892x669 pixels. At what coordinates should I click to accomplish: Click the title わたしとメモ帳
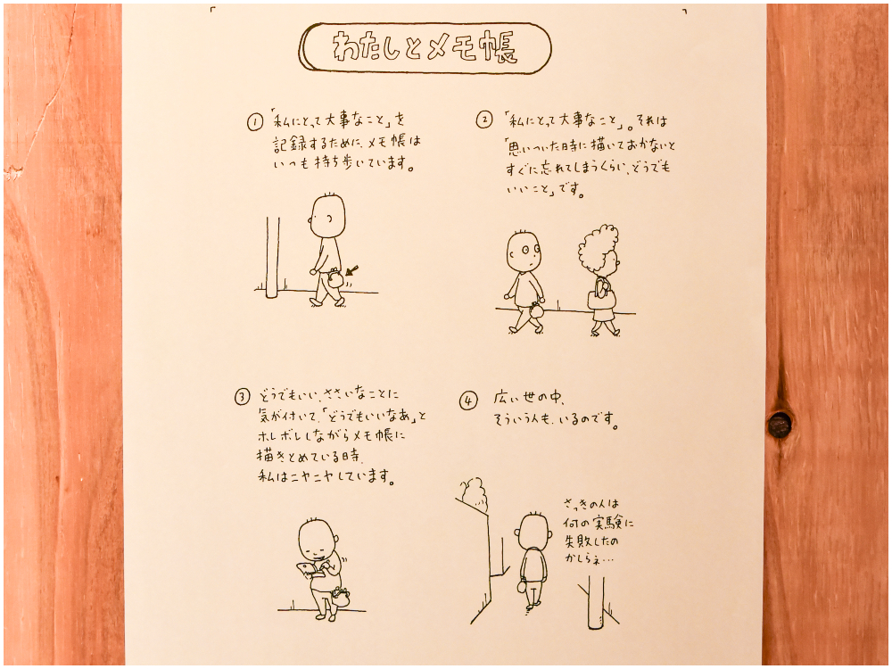(x=425, y=48)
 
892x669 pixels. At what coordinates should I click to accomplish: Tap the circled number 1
(x=255, y=121)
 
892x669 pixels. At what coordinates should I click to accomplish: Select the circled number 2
(x=484, y=120)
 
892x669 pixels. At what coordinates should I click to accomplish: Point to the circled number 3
(x=243, y=397)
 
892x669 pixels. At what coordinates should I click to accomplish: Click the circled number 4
(x=467, y=401)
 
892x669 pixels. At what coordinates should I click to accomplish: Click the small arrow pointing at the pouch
(x=351, y=270)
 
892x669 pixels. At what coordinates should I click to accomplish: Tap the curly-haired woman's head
(x=599, y=250)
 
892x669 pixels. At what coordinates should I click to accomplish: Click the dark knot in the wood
(x=780, y=425)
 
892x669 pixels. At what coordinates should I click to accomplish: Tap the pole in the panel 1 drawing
(x=272, y=257)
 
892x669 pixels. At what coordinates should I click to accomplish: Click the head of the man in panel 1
(x=327, y=216)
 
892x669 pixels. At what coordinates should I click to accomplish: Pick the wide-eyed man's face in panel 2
(x=524, y=251)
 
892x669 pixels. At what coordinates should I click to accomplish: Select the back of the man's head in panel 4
(x=533, y=530)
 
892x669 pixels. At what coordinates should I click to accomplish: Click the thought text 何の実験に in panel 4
(x=598, y=522)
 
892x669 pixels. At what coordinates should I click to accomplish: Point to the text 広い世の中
(x=528, y=398)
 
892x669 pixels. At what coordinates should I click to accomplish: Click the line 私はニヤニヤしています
(x=326, y=476)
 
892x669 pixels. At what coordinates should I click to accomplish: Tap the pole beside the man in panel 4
(x=596, y=602)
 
